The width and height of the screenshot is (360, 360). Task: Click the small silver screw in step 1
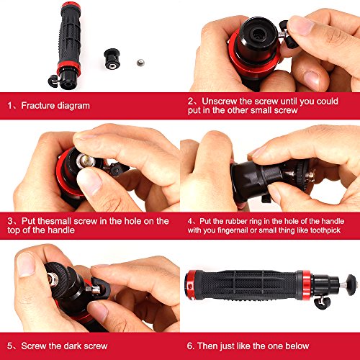pyautogui.click(x=140, y=63)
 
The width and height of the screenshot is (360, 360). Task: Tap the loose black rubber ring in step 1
pyautogui.click(x=112, y=59)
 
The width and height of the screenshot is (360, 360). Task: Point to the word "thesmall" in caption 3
pyautogui.click(x=55, y=221)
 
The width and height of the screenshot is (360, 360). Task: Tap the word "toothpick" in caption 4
pyautogui.click(x=325, y=230)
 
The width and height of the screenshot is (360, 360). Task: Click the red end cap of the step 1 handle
pyautogui.click(x=71, y=6)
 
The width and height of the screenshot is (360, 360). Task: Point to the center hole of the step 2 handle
pyautogui.click(x=258, y=34)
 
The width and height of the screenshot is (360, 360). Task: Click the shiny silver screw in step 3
pyautogui.click(x=86, y=161)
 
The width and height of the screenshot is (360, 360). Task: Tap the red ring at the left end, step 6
pyautogui.click(x=192, y=285)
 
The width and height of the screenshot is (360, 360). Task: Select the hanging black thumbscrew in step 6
pyautogui.click(x=322, y=302)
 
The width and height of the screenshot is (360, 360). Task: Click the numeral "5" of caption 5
pyautogui.click(x=9, y=346)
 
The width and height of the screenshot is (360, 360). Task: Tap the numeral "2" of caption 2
pyautogui.click(x=190, y=102)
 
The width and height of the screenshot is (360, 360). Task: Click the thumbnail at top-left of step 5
pyautogui.click(x=26, y=264)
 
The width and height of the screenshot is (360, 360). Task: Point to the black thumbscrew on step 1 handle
pyautogui.click(x=54, y=81)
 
